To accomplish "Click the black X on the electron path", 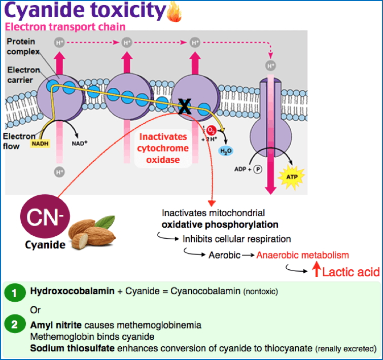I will click(185, 106).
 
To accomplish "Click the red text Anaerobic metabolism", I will click(302, 255).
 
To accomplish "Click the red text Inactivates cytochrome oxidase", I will click(163, 149).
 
